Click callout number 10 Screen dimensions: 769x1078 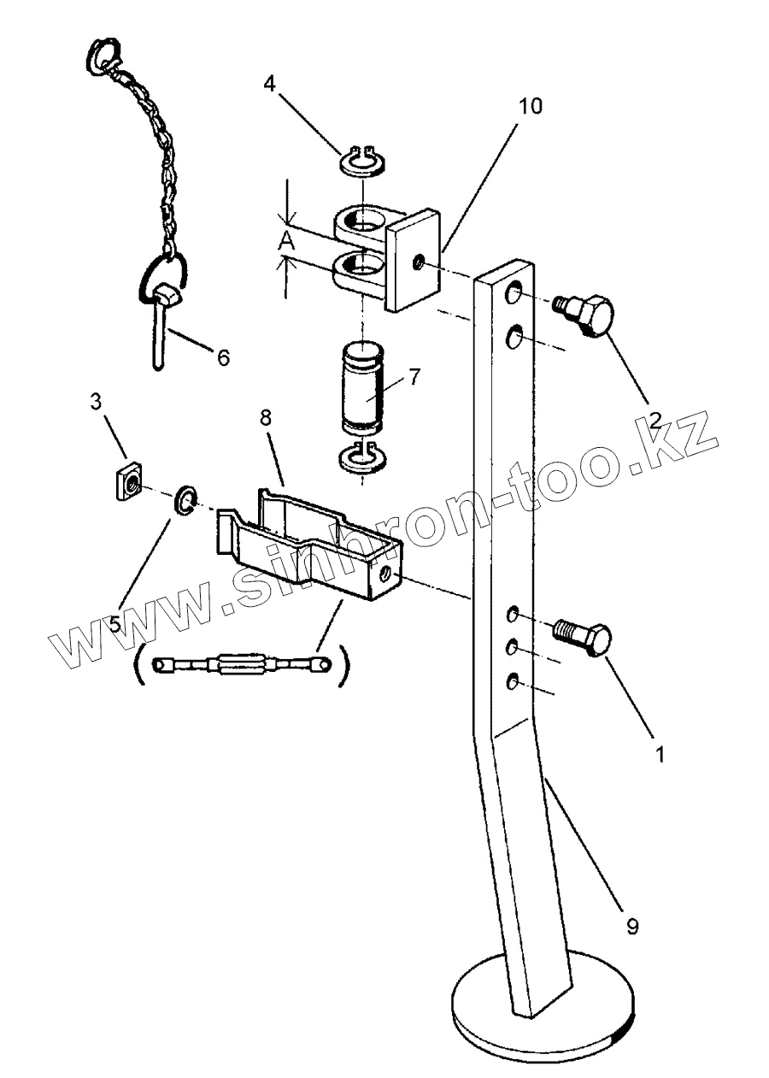point(530,107)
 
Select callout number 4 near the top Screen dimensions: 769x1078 point(270,85)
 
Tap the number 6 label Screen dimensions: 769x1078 point(223,357)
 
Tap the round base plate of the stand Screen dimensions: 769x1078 point(544,1007)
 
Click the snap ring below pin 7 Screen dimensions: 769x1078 point(362,459)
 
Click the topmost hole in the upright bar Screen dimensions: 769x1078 point(515,295)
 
